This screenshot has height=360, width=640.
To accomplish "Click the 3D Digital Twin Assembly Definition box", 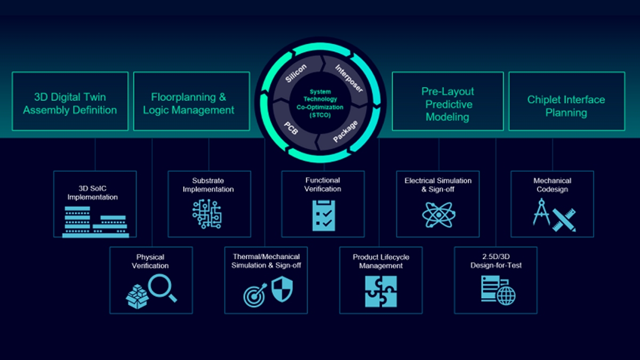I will click(70, 101).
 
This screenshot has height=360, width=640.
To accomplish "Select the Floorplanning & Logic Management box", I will click(191, 101).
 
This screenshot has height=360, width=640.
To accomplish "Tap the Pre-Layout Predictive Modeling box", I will click(447, 101).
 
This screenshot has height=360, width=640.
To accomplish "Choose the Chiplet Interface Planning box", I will click(566, 101).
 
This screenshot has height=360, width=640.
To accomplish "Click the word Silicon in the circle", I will click(296, 74).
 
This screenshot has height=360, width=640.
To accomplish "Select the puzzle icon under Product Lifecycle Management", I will click(381, 291).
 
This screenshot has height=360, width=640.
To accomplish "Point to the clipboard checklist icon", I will click(323, 215).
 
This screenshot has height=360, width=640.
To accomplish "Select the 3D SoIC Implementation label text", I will click(95, 193).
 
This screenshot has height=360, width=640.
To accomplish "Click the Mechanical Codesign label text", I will click(552, 185).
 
